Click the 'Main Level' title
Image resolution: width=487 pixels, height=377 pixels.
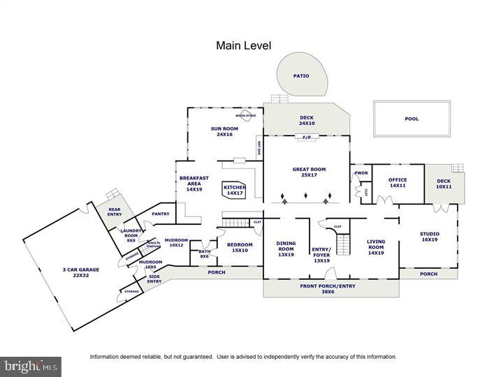coord(243,46)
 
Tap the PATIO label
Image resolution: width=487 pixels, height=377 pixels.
coord(301,76)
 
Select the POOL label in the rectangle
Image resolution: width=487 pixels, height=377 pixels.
coord(412,119)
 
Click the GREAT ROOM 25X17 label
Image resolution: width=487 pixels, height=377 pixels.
coord(309,172)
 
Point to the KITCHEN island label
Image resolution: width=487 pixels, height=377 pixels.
coord(234,190)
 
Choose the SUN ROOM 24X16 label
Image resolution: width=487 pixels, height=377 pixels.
coord(225,132)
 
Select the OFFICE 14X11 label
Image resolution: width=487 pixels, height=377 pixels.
coord(397,183)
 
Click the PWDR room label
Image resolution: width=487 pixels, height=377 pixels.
coord(361,173)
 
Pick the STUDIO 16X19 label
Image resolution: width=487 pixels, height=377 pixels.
coord(429,237)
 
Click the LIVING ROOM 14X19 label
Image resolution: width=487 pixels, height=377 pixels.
coord(376,247)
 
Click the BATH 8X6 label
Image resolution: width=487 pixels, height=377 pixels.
coord(204,254)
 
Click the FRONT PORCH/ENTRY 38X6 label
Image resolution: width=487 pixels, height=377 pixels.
coord(328,288)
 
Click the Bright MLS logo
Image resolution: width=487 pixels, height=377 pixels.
coord(31,367)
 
